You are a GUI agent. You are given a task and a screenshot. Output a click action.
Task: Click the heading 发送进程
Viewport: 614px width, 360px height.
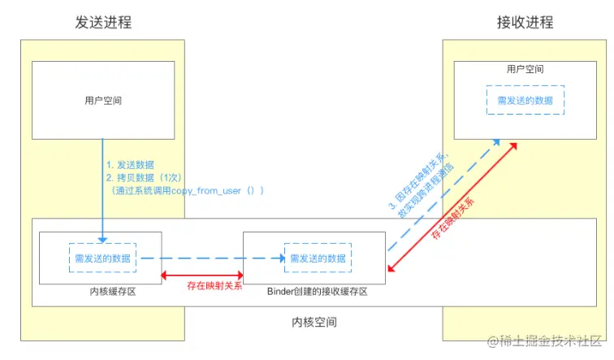103,23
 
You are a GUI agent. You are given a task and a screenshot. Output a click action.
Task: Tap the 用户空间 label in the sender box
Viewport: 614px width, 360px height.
103,101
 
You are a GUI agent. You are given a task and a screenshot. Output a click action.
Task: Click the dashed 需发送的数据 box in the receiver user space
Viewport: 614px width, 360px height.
525,99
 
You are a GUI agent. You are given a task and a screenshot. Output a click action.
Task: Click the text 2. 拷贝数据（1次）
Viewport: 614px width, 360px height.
147,176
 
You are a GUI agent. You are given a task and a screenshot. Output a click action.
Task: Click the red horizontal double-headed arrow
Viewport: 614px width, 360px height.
203,274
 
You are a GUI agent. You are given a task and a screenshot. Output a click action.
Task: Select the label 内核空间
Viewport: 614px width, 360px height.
314,322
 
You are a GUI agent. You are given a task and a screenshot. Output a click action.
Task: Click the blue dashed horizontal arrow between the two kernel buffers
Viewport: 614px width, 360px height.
211,258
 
